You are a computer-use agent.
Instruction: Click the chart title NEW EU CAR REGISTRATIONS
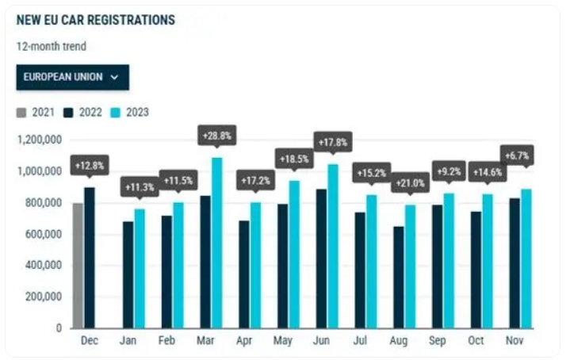coord(95,20)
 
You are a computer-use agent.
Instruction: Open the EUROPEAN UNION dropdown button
coord(72,77)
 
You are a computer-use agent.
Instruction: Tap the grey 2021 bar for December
coord(78,265)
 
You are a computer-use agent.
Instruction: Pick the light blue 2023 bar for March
coord(217,242)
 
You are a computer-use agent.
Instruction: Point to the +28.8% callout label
coord(216,136)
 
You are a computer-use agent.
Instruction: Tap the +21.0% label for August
coord(410,184)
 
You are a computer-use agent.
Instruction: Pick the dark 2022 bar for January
coord(128,274)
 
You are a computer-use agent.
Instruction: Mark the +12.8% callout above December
coord(89,166)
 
